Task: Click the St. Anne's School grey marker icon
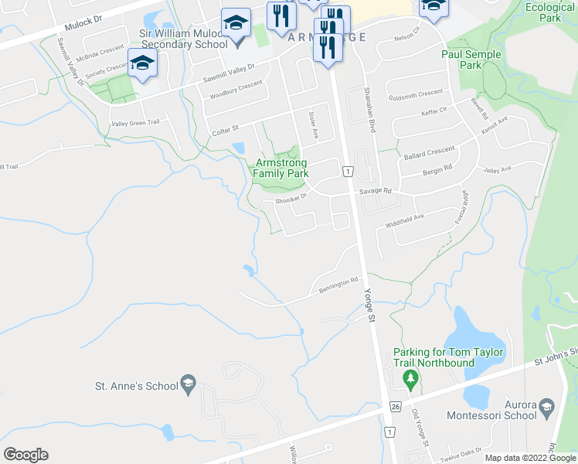click(x=187, y=383)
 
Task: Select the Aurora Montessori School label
click(x=492, y=410)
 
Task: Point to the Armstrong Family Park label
click(x=282, y=169)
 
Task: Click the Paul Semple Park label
click(x=471, y=60)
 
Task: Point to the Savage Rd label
click(x=376, y=191)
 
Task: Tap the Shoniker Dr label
click(x=291, y=199)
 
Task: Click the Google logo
click(x=25, y=455)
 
